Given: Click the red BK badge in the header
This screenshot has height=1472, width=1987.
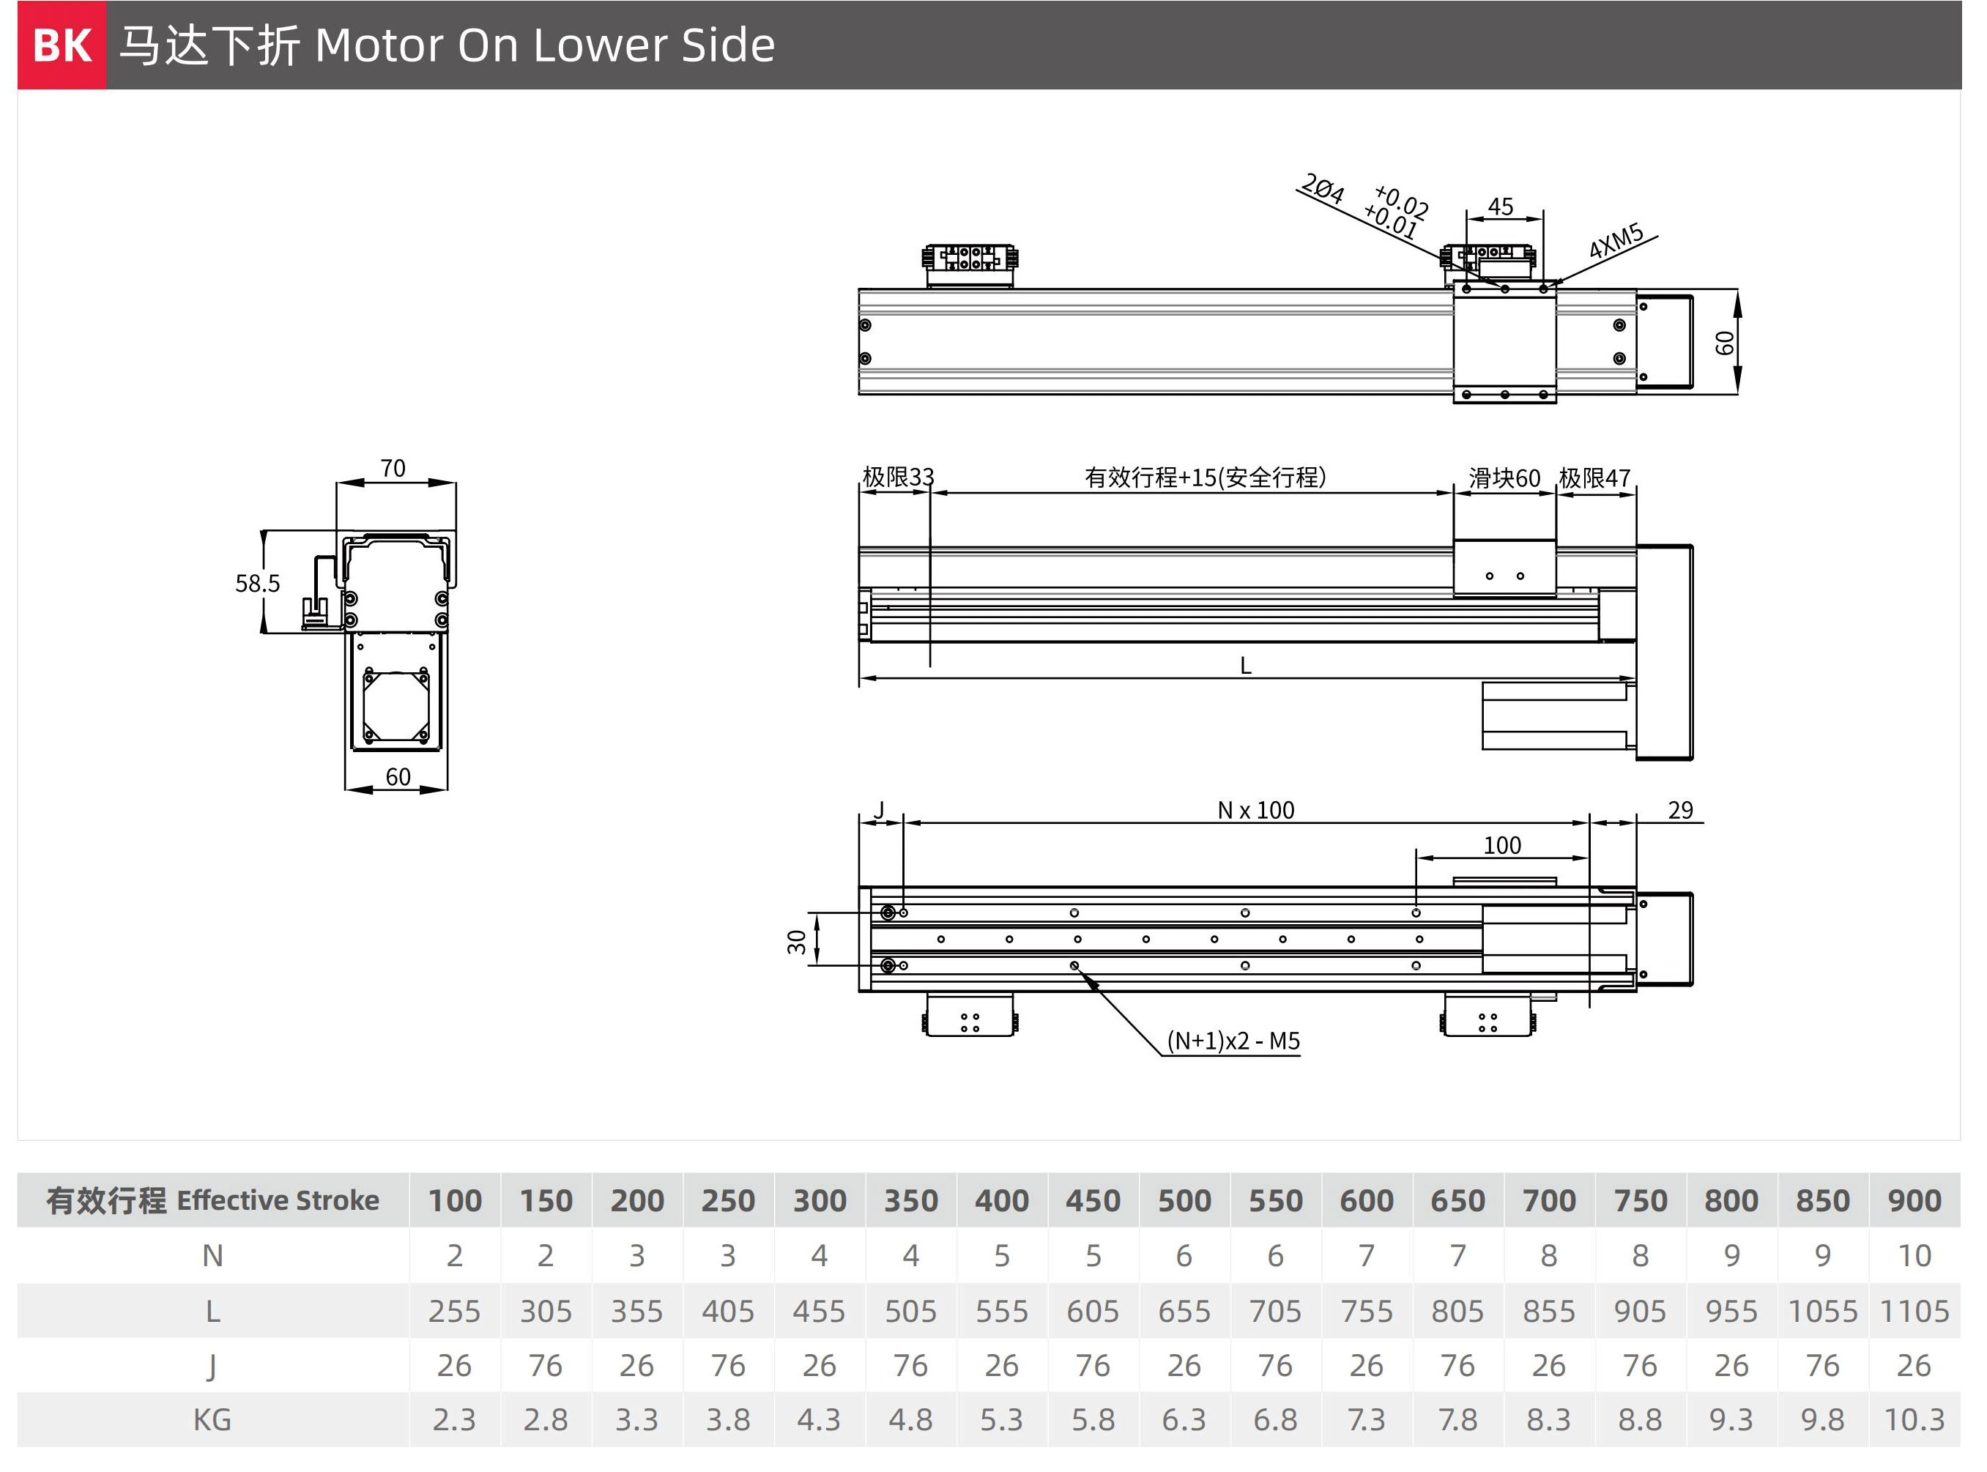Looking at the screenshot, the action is (x=62, y=45).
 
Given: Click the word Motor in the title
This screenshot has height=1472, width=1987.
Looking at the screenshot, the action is (x=378, y=45).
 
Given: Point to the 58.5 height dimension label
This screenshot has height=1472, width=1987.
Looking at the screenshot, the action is (x=258, y=584).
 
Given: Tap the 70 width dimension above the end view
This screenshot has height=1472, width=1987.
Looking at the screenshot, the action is (x=393, y=468).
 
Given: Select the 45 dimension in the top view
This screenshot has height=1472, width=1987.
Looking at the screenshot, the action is (x=1501, y=207).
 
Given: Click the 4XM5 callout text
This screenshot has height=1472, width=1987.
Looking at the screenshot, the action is (x=1616, y=241).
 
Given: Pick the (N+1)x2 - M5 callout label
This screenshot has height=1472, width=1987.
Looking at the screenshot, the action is (x=1233, y=1041).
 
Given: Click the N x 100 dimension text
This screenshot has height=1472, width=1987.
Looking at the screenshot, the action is (x=1255, y=810).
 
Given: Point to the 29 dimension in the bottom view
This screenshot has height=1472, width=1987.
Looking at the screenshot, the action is (x=1680, y=810).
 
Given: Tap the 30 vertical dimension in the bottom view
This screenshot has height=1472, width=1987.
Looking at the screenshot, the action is (x=797, y=942).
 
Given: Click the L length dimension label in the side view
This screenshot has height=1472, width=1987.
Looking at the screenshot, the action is (x=1246, y=666).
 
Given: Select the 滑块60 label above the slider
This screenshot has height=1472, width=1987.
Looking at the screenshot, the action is (x=1504, y=478).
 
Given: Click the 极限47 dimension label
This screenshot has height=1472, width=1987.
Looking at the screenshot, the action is (x=1595, y=478).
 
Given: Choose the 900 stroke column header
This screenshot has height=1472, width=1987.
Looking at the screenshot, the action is (x=1914, y=1200).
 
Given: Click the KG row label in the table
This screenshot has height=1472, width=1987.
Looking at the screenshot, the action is (x=212, y=1419).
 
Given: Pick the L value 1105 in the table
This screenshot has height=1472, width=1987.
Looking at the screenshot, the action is (x=1914, y=1311).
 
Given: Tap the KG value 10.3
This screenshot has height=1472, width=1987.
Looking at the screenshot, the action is (x=1914, y=1419).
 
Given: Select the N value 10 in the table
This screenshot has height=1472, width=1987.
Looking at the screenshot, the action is (x=1914, y=1255).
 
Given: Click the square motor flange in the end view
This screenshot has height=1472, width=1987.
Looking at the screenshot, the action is (x=396, y=707).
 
